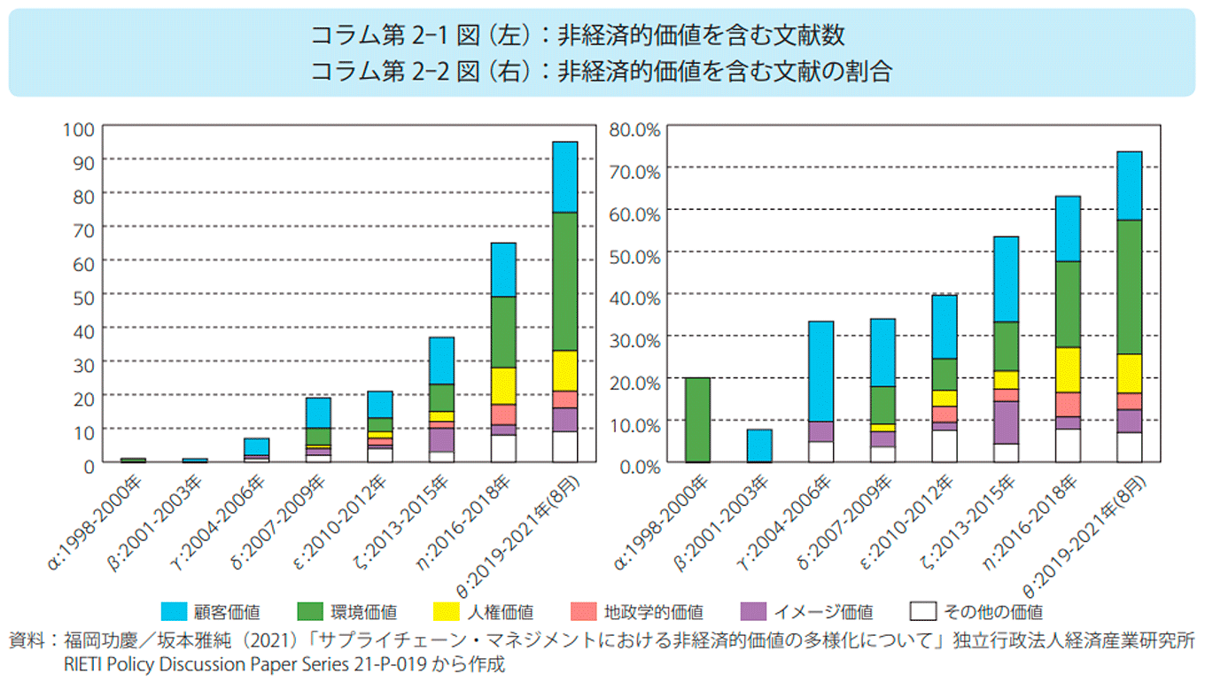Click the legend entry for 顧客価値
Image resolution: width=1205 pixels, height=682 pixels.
point(209,611)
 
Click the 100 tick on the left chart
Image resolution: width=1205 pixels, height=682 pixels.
point(78,128)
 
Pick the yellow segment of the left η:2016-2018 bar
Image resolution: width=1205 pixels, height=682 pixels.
point(503,385)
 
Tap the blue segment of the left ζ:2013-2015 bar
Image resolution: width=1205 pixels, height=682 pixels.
point(442,360)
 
